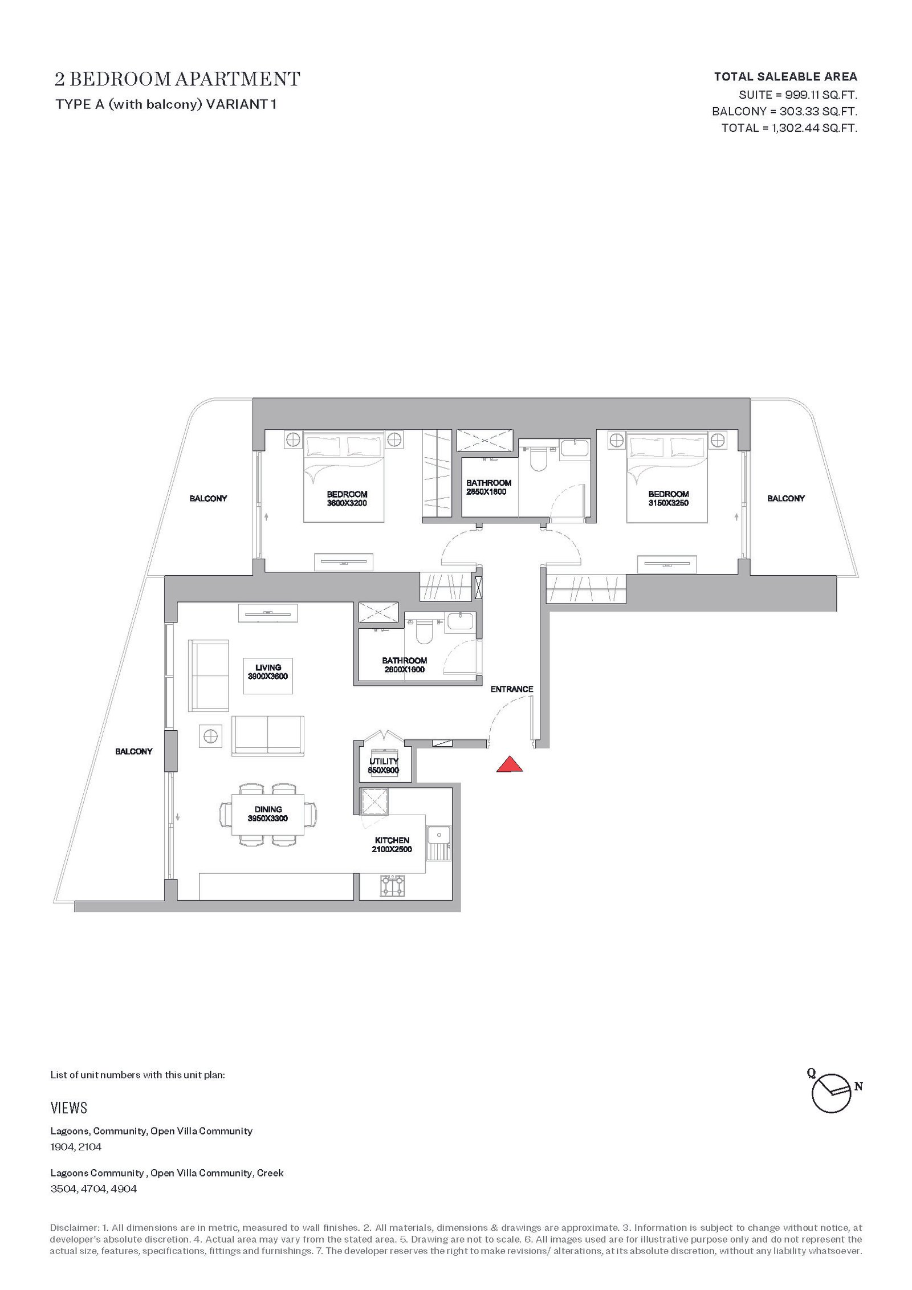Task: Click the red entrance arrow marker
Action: [x=510, y=764]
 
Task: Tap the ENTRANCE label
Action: [x=512, y=689]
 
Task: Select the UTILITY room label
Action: [x=384, y=761]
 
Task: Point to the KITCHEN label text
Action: [x=392, y=840]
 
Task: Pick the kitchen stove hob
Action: [x=393, y=886]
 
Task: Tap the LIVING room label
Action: [x=268, y=668]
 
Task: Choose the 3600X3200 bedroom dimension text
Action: [x=347, y=503]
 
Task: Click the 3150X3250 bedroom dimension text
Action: [x=668, y=503]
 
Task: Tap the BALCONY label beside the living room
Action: [x=134, y=751]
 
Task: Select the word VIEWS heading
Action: [x=69, y=1108]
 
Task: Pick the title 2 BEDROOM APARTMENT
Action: [x=177, y=79]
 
